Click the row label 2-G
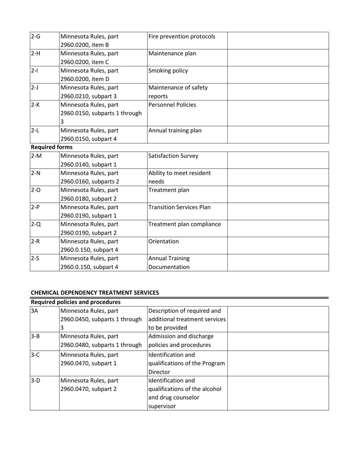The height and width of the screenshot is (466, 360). coord(36,37)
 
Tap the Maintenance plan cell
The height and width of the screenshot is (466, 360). coord(172,53)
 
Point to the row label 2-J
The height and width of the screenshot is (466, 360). coord(34,88)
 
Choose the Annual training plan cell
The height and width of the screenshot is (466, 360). coord(175,130)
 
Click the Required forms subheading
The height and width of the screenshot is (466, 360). coord(46,147)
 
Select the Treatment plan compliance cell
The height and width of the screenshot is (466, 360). coord(185,224)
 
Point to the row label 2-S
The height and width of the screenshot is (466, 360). coord(35,258)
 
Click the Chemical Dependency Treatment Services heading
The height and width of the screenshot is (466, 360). coord(95,292)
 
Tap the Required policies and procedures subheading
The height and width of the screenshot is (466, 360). coord(76,302)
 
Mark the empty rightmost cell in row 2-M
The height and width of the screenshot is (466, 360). coord(278,160)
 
